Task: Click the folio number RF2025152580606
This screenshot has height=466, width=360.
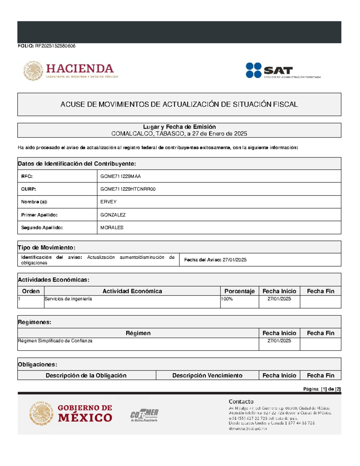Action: [x=55, y=46]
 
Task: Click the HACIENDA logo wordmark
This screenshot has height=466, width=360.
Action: [x=79, y=69]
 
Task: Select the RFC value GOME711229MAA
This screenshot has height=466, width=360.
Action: [x=120, y=176]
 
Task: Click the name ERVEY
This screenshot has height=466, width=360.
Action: [x=108, y=202]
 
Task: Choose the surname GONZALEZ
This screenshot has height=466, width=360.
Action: [x=113, y=215]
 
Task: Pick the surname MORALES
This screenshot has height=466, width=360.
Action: [x=112, y=227]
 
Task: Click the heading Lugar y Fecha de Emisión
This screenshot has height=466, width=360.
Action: [x=179, y=127]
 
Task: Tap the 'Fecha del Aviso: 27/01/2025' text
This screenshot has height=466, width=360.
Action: [x=215, y=260]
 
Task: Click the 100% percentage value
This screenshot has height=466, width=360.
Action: [x=227, y=299]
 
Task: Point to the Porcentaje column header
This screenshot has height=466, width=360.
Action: [x=239, y=291]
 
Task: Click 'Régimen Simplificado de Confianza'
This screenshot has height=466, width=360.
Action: [x=55, y=341]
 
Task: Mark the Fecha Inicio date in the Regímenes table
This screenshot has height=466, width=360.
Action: [x=279, y=341]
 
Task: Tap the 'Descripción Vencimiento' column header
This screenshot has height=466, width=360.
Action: [x=207, y=375]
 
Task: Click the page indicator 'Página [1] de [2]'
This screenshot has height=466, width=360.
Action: [x=322, y=389]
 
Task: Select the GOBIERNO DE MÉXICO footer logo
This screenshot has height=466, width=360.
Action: [x=71, y=413]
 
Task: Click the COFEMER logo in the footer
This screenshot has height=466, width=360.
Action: [x=144, y=415]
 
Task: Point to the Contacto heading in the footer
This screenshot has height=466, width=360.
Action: [x=241, y=401]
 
